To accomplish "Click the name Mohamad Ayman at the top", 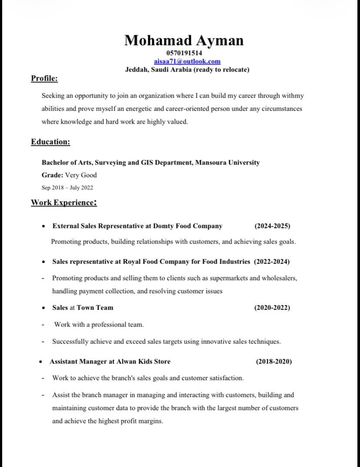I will (x=184, y=40).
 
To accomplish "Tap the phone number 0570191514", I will (x=184, y=53).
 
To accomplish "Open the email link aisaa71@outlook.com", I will (x=187, y=61).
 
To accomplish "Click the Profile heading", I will (x=44, y=78).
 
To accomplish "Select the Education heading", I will (x=50, y=142).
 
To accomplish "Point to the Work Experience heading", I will (x=63, y=202).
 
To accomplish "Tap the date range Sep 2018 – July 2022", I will (x=67, y=188).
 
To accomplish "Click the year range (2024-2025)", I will (x=272, y=226).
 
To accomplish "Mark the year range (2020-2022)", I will (x=272, y=308).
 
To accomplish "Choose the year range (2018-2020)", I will (x=274, y=361).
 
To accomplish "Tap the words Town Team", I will (x=95, y=308).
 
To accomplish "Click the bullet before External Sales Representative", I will (x=43, y=226).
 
